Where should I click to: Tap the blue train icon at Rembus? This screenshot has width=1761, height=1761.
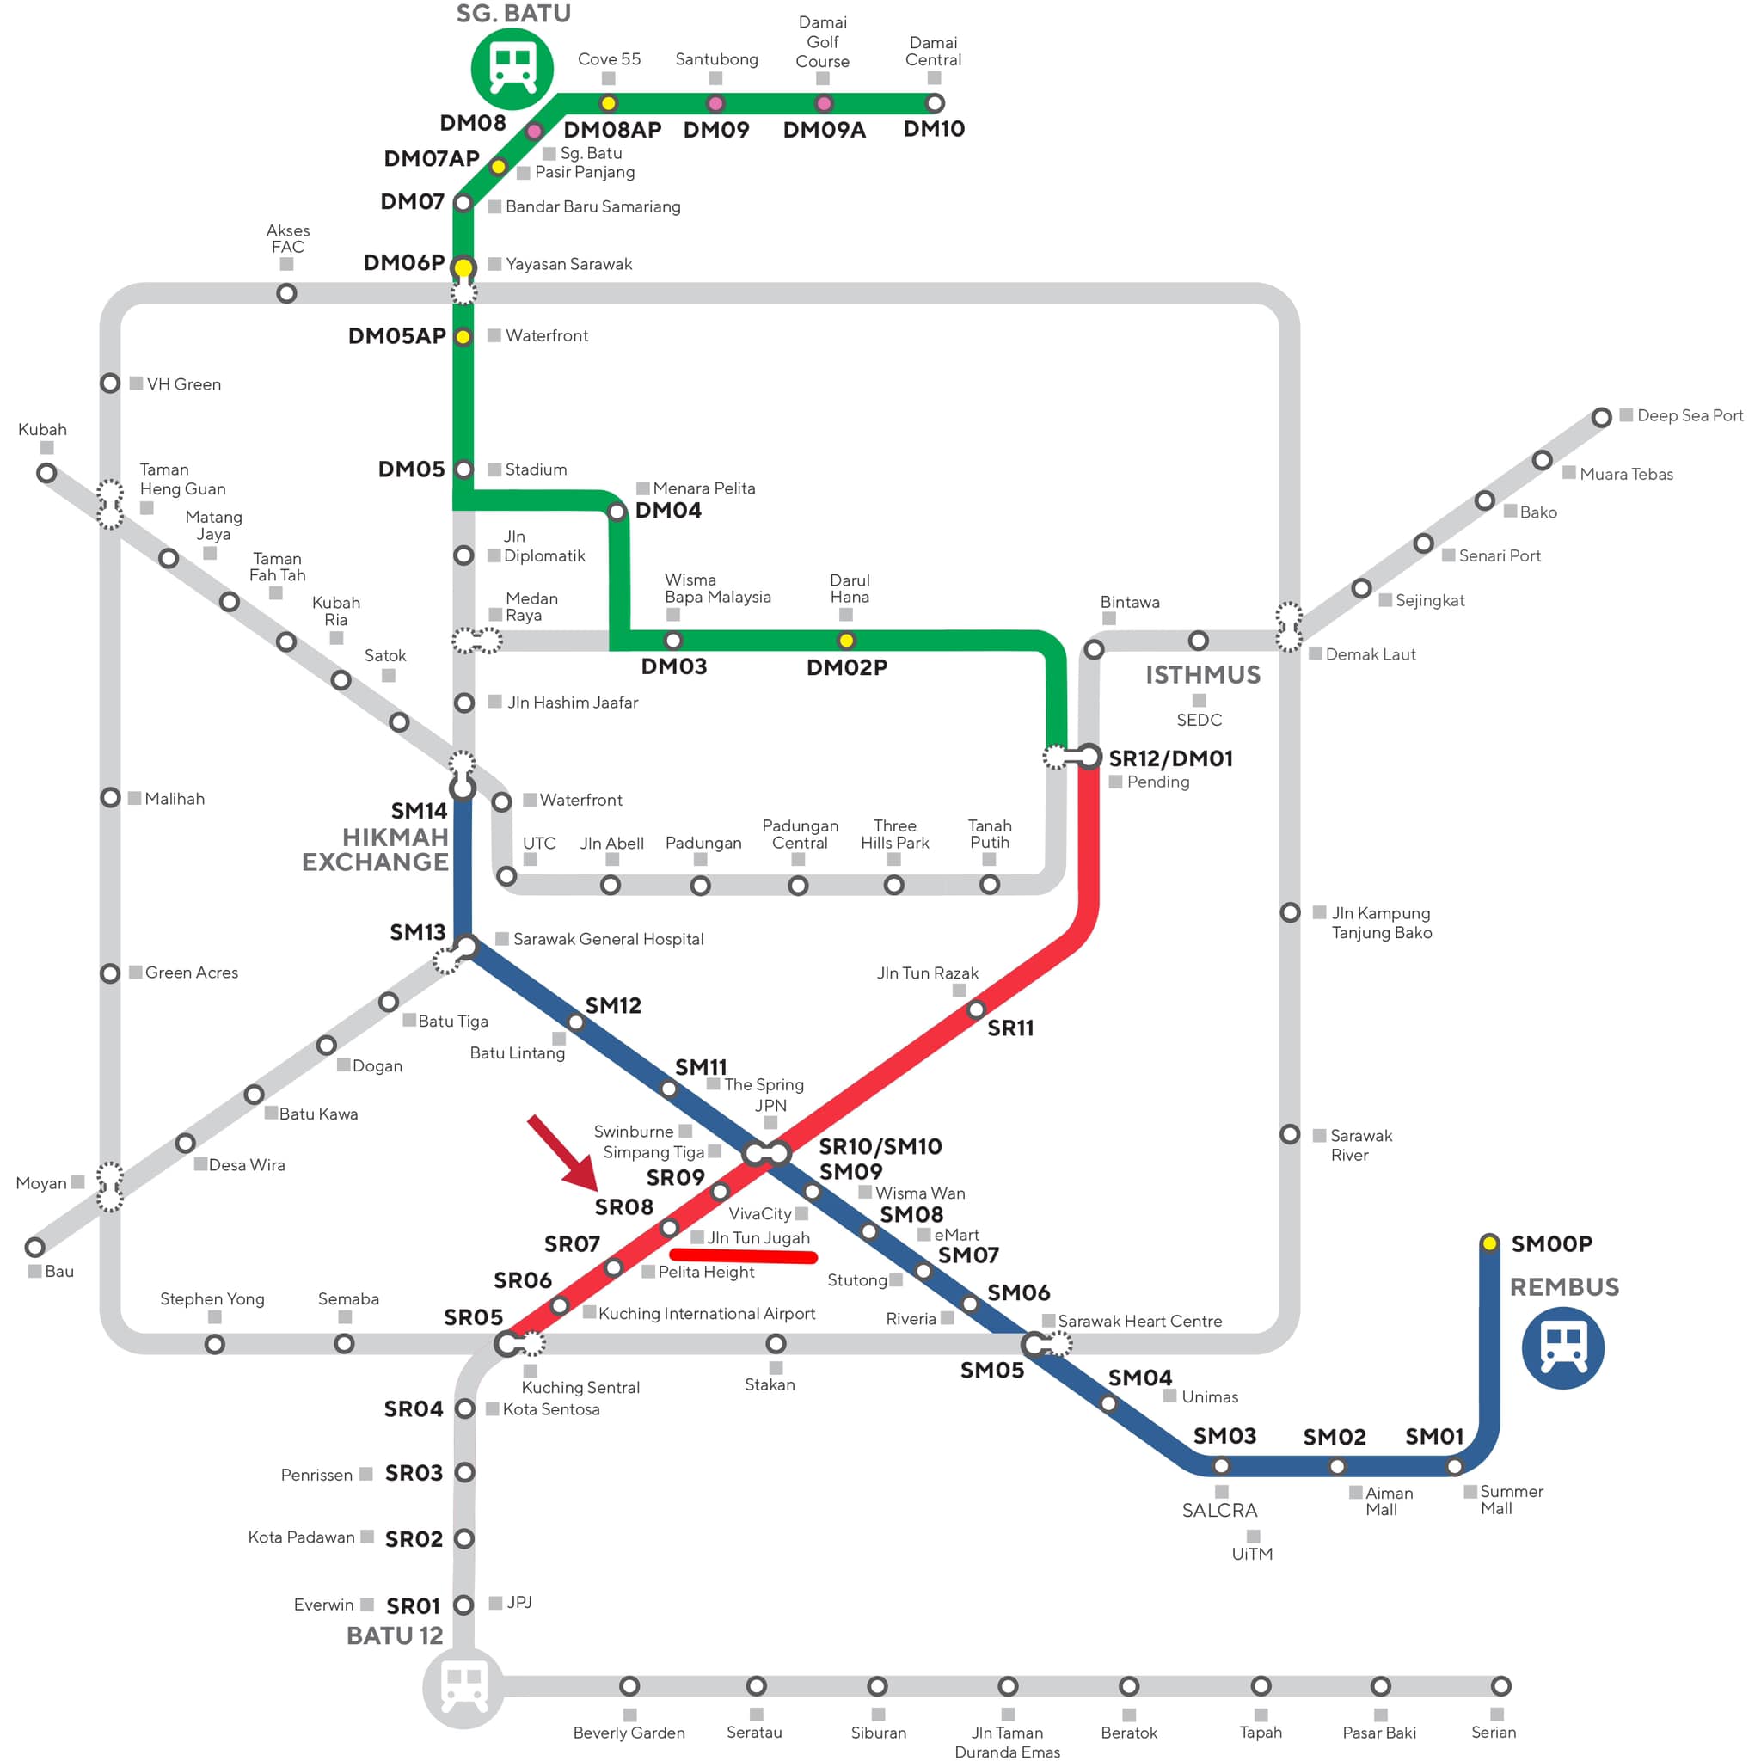[x=1562, y=1347]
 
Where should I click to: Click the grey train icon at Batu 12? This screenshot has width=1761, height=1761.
[x=463, y=1687]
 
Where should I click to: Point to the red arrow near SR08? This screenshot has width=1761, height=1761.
[x=564, y=1154]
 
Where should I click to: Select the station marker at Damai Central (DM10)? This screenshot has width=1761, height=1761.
[x=935, y=103]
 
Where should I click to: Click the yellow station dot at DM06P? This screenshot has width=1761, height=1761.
[x=463, y=267]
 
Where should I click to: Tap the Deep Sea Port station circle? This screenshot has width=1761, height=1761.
[x=1601, y=417]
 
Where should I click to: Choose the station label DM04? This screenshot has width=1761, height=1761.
[x=668, y=511]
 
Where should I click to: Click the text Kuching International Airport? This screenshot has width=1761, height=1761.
[x=707, y=1314]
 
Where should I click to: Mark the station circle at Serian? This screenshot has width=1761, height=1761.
[x=1500, y=1686]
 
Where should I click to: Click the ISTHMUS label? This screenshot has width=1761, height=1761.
[x=1202, y=674]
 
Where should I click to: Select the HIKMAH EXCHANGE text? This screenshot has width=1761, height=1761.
[x=376, y=850]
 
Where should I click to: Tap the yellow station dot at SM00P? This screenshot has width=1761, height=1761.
[x=1489, y=1243]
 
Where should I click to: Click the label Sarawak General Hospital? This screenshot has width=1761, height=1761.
[x=608, y=939]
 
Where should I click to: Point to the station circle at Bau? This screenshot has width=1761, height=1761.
[x=34, y=1247]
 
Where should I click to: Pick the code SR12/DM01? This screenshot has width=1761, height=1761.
[x=1170, y=758]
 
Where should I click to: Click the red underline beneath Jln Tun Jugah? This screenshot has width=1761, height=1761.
[x=743, y=1258]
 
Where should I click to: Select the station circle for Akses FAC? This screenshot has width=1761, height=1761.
[x=286, y=293]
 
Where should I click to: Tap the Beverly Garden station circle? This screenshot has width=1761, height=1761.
[x=629, y=1686]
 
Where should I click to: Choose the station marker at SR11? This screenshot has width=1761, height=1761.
[x=976, y=1010]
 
